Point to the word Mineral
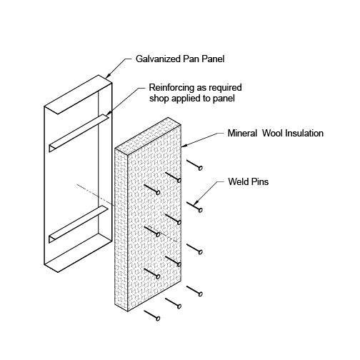point(242,133)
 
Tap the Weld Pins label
point(249,181)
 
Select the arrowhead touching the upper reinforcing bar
point(108,114)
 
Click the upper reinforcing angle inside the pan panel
point(79,133)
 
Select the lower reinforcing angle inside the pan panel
point(79,224)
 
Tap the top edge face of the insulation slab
point(148,136)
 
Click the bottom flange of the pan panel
point(78,253)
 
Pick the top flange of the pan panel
point(78,94)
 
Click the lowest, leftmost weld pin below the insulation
point(152,315)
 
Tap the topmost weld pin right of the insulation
point(194,165)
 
